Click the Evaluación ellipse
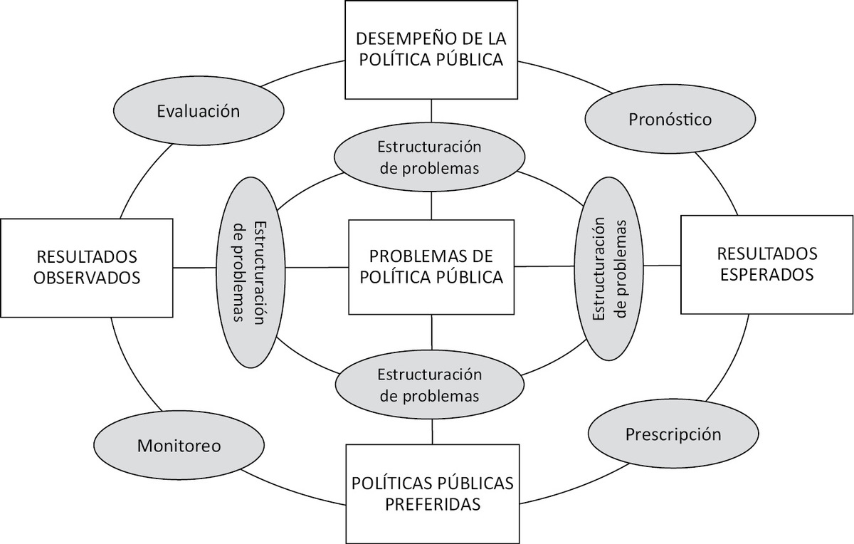[199, 110]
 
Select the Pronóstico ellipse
[670, 119]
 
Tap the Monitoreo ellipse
[179, 445]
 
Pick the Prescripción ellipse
[673, 434]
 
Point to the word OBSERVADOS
[87, 278]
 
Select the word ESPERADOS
[767, 275]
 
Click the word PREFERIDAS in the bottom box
[433, 504]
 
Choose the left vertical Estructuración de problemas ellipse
[251, 272]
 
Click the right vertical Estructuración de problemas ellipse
[609, 268]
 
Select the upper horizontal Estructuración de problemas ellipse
[430, 157]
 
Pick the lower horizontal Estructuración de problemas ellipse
[430, 385]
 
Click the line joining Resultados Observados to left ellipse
[194, 268]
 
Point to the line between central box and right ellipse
[544, 266]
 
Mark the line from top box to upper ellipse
[431, 110]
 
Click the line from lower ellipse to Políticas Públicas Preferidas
[433, 431]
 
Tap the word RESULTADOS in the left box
[87, 257]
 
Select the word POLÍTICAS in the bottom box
[392, 483]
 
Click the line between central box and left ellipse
[317, 267]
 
